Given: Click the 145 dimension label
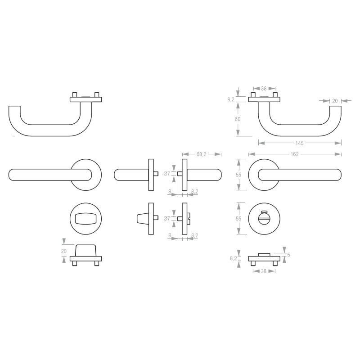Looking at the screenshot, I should coord(300,143).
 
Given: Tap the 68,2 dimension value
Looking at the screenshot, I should coord(202,154).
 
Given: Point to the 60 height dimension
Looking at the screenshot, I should coord(238,119).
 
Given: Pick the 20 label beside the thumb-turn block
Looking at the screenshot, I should coord(63,252).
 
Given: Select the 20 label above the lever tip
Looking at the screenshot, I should coord(334,101).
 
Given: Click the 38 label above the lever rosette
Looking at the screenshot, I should coord(264,89).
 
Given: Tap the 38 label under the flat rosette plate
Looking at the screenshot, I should coord(264,271).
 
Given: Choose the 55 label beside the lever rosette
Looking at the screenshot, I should coord(238,174).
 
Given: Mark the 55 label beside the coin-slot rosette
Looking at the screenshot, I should coord(238,218).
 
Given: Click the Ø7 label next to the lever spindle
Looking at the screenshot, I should coord(166,174).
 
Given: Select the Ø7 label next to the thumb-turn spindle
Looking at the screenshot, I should coord(166,219).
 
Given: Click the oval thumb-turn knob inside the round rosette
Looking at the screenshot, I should coord(85,219).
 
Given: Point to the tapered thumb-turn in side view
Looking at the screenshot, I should coord(141,219).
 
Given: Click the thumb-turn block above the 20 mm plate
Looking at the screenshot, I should coord(85,250).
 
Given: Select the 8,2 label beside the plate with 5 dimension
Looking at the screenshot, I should coord(233,258).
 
